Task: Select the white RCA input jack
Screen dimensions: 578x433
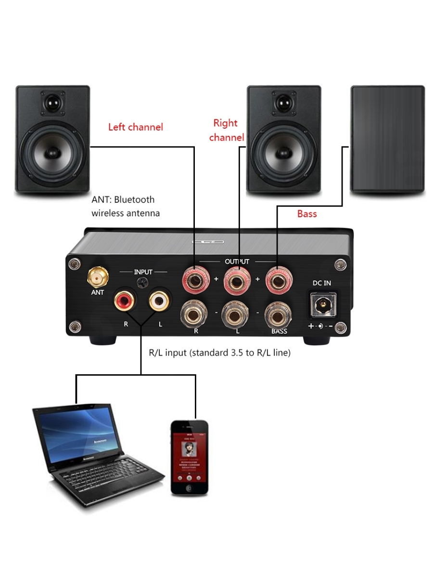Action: [x=160, y=302]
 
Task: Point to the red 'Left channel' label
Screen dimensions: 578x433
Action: [x=136, y=127]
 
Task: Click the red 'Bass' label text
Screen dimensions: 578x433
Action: [x=307, y=213]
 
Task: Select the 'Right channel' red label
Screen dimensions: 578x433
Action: [x=226, y=130]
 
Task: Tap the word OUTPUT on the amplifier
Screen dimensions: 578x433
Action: [x=237, y=262]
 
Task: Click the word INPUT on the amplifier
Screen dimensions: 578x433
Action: [x=143, y=272]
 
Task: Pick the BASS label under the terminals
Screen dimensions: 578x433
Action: [x=279, y=331]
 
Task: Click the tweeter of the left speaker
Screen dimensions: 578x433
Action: [x=53, y=104]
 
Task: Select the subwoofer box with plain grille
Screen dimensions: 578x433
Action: [x=388, y=140]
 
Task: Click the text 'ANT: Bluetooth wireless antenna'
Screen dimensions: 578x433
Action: [x=126, y=206]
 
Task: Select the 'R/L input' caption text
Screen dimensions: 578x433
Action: [x=220, y=353]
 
